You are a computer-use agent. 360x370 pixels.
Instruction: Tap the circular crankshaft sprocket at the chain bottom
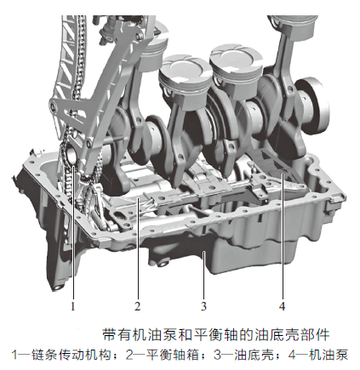71,158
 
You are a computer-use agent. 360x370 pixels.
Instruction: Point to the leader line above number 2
137,247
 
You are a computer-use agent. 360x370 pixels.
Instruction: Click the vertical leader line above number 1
74,238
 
